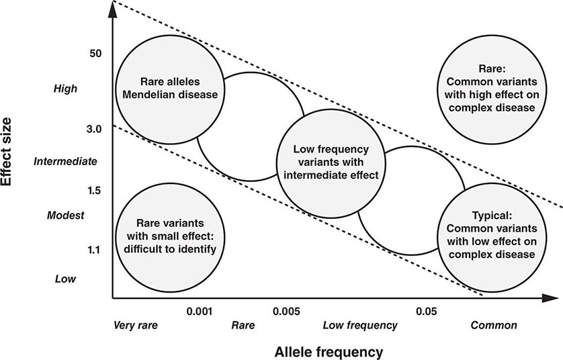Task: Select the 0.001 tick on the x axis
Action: pos(199,311)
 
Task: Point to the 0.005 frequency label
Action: pos(287,311)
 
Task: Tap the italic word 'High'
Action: pos(66,88)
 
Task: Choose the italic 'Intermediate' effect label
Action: pos(65,161)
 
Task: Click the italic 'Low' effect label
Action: pos(65,278)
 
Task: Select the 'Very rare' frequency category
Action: pos(136,326)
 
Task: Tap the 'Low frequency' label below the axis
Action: pos(360,326)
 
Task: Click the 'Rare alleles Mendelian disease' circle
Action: pos(169,87)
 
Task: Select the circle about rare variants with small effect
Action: pos(169,236)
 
